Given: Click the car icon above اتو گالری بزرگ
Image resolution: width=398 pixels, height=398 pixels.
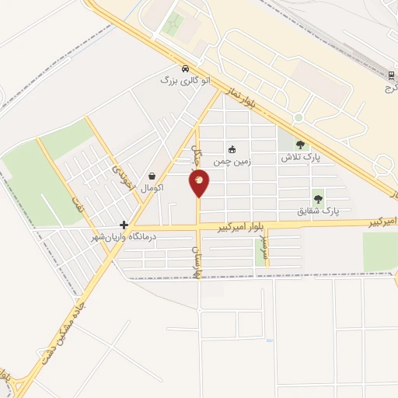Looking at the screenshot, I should pos(184,68).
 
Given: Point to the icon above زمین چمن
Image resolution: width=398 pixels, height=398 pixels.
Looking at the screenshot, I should pos(232,148).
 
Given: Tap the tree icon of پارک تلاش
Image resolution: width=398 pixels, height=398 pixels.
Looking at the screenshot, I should pos(302,145).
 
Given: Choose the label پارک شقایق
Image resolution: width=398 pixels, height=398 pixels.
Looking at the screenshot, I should pos(319,211).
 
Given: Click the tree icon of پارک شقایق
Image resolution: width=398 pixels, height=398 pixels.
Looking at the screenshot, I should pos(317,199).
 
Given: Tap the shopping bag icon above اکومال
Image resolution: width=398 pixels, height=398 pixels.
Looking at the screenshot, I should pos(152,176).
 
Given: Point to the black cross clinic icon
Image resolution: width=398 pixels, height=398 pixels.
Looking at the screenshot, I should pos(124,224).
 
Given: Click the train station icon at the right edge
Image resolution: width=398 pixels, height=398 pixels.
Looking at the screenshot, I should pos(390,75).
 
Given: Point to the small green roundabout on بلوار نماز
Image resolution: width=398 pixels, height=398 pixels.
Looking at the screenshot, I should pos(298,118).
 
